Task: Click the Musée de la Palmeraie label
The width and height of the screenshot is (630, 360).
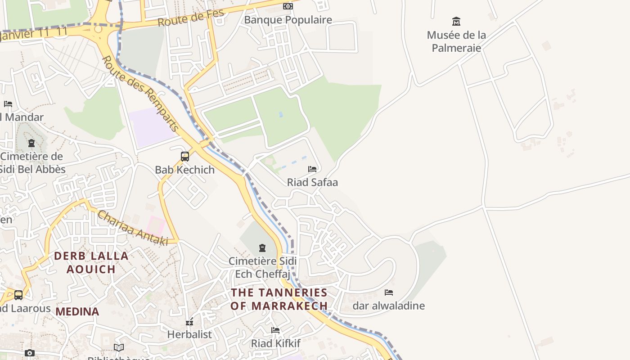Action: pos(456,41)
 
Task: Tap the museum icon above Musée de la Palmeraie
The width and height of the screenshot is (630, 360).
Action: pos(456,21)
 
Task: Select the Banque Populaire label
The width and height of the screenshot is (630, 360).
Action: pos(288,20)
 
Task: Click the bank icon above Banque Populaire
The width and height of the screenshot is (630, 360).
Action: pos(288,6)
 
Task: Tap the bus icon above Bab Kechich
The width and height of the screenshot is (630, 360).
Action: pos(185,157)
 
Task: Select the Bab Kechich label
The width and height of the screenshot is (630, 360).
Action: pos(185,170)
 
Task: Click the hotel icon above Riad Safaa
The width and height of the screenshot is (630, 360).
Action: pos(312,169)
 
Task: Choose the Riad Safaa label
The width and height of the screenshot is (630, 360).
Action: pos(312,182)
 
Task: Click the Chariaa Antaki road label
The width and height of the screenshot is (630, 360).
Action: pos(133,228)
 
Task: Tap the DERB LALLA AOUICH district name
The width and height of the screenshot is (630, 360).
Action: pos(91,262)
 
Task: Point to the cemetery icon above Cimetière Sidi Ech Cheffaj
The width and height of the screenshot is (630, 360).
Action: pos(262,248)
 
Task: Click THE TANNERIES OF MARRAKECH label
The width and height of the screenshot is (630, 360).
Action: pos(279,299)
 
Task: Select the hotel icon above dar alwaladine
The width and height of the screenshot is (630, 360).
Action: pos(389,292)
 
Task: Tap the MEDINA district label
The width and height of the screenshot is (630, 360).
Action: pos(77,311)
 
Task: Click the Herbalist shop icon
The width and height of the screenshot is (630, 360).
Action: pos(189,322)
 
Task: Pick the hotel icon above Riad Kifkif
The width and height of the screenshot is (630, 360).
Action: pos(275,330)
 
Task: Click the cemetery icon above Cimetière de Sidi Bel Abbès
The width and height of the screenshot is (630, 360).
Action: pos(31,143)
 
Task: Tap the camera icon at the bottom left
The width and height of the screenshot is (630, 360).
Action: pos(30,353)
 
